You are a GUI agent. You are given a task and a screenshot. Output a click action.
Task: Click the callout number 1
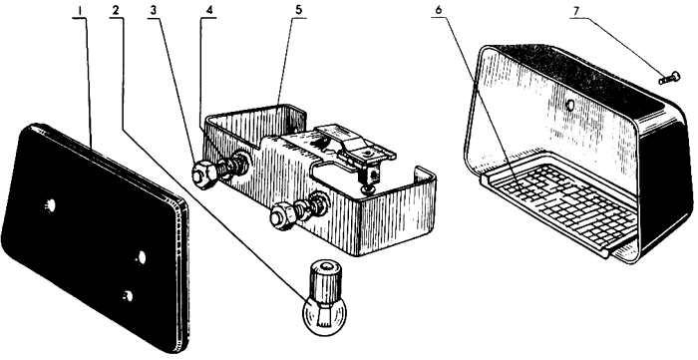80,11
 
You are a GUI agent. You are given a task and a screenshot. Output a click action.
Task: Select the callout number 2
116,11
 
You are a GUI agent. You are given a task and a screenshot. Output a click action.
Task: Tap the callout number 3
154,11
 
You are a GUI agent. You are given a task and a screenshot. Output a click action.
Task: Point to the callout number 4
208,11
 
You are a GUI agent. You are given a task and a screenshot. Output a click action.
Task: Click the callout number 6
439,11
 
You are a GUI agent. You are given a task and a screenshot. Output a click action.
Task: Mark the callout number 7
576,11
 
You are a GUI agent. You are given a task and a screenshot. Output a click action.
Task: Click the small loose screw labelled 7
669,78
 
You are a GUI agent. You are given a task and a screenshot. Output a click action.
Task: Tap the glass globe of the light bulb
324,314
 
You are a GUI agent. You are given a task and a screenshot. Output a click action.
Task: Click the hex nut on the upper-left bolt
203,175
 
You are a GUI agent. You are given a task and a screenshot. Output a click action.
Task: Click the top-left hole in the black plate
50,205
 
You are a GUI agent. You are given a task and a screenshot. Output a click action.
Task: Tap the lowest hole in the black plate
129,296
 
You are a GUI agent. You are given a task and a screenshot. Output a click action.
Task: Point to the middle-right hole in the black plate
141,257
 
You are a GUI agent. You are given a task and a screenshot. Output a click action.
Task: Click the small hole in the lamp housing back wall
569,105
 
